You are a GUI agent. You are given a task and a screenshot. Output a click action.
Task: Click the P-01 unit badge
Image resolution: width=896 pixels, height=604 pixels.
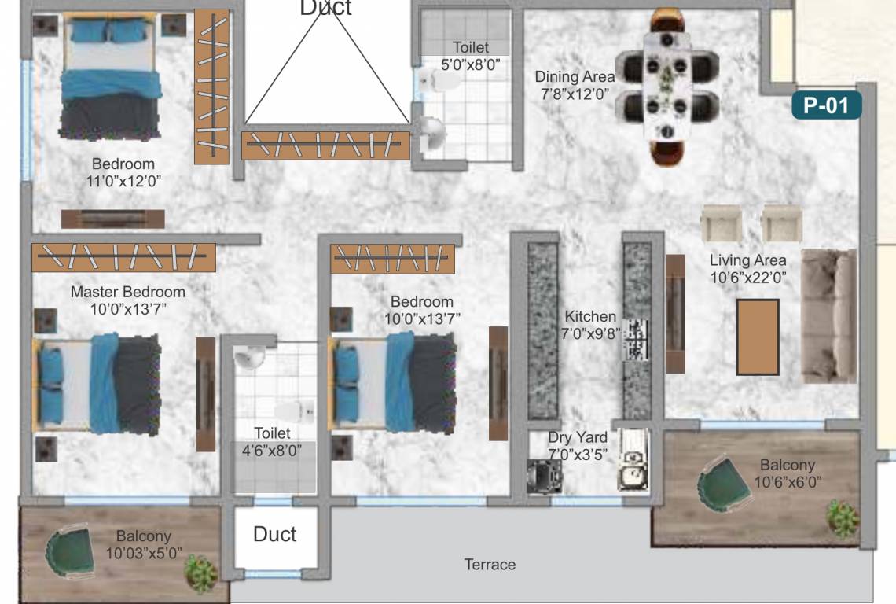pos(827,105)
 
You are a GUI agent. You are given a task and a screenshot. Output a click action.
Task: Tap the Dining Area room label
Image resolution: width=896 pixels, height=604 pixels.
pos(575,77)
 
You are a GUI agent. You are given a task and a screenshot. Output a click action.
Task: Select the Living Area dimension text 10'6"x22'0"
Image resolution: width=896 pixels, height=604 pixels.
pos(747,276)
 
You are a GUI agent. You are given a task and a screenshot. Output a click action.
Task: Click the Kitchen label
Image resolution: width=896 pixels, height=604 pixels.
pos(590,316)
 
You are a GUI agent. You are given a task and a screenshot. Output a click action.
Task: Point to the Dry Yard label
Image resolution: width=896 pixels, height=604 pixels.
pos(578,436)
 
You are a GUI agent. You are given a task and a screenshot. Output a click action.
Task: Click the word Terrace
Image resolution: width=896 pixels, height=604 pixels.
pos(490,564)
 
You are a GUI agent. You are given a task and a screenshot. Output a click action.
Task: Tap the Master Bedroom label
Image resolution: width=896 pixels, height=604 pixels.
pos(128,292)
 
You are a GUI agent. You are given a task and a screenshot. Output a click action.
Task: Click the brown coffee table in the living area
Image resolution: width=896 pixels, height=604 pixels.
pos(757,337)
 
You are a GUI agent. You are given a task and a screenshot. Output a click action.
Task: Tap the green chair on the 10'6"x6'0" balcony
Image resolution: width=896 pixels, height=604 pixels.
pos(722,481)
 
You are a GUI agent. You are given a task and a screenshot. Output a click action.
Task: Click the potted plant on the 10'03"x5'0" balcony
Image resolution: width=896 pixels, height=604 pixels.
pos(200,572)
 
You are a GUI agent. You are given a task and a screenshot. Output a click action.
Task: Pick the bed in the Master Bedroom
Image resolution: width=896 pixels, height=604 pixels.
pos(97,383)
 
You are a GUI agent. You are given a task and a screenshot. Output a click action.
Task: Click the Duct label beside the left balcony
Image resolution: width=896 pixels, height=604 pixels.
pos(274,535)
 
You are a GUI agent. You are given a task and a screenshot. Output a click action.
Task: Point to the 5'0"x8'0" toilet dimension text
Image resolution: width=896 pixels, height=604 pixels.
pos(471,63)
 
